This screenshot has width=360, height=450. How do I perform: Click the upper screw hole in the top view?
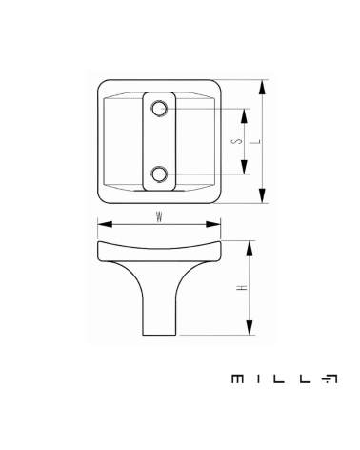coord(159,109)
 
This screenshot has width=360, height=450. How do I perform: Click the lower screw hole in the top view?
coord(159,174)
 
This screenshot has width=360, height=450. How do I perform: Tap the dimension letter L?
coord(257,141)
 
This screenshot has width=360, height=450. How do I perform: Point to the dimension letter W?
coord(159,217)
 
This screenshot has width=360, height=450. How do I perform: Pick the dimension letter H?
coord(242,288)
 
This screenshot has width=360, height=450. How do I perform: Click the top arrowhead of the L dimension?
coord(262,88)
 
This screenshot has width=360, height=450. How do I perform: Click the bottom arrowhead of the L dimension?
coord(262,195)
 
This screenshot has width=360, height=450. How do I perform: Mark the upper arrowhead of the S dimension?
coord(244,116)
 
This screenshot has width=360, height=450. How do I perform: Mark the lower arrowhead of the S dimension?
coord(244,167)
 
